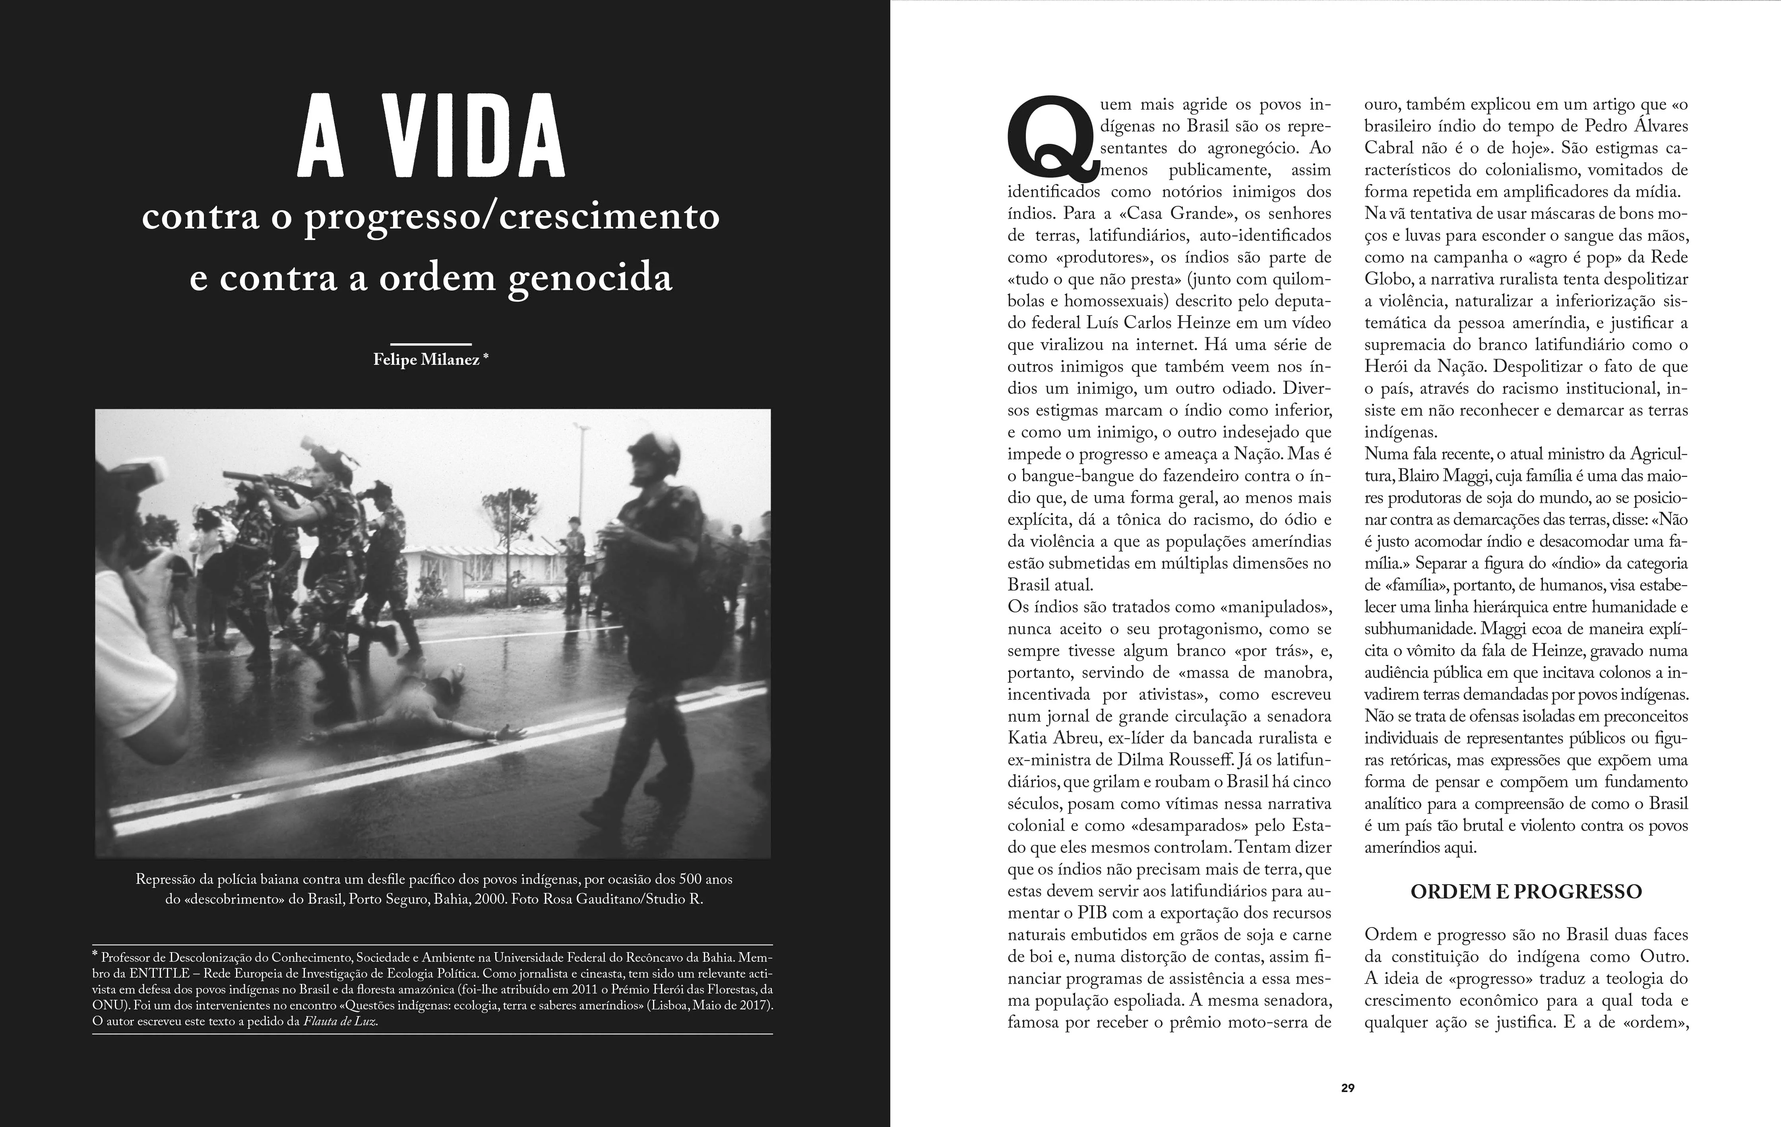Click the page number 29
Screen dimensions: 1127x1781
tap(1348, 1088)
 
